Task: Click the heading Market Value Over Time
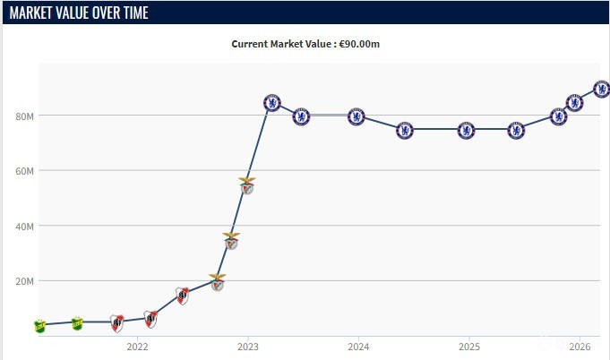tap(79, 13)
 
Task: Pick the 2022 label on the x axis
tap(137, 347)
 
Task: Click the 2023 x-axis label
tap(248, 347)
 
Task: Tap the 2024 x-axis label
tap(358, 347)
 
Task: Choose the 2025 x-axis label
tap(469, 347)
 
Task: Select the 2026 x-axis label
tap(580, 347)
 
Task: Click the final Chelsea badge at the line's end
tap(601, 89)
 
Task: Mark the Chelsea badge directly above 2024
tap(357, 116)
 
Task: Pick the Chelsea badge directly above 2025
tap(466, 131)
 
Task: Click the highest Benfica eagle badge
tap(247, 185)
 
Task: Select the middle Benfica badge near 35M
tap(231, 240)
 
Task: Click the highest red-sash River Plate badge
tap(183, 296)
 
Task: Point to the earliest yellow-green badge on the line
tap(39, 325)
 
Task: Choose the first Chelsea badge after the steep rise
tap(273, 103)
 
